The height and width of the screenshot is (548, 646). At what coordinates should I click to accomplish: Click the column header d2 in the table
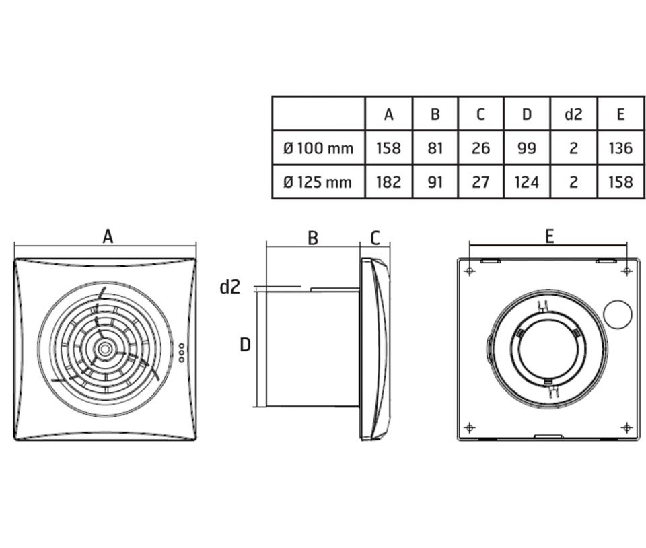pos(573,114)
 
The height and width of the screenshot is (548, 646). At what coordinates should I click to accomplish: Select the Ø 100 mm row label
pos(318,148)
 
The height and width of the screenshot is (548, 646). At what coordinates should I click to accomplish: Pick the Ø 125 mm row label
pos(318,182)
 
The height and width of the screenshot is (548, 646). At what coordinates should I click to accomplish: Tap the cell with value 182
pos(388,182)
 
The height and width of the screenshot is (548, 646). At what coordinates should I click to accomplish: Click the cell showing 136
pos(620,148)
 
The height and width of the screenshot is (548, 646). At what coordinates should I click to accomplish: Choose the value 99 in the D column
pos(527,148)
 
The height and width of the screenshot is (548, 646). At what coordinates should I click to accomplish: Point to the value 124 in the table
pos(527,182)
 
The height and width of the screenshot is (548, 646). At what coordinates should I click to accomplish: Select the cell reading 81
pos(435,148)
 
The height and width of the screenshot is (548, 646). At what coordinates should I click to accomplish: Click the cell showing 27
pos(480,182)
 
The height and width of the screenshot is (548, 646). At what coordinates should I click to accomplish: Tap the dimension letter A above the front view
pos(107,236)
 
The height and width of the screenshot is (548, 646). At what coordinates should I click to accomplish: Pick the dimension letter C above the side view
pos(375,237)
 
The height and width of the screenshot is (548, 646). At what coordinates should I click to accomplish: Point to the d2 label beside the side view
pos(229,287)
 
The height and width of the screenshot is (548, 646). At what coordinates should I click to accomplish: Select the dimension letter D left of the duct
pos(246,345)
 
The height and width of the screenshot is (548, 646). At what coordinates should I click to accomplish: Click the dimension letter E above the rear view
pos(549,236)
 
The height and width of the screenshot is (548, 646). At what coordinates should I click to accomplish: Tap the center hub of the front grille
pos(105,349)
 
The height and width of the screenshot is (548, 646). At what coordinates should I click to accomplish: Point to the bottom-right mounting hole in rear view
pos(626,427)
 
